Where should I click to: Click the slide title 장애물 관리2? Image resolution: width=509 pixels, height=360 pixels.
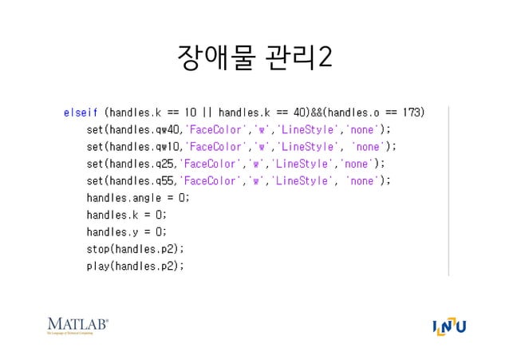[x=254, y=58]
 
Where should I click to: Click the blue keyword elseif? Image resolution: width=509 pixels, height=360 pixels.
[x=81, y=112]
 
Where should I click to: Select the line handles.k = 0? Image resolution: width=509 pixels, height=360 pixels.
[x=127, y=215]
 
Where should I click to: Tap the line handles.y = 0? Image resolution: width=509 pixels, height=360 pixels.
[x=127, y=231]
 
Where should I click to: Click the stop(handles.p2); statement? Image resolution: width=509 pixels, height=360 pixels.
[x=135, y=249]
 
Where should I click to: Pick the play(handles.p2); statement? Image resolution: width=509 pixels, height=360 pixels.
[x=135, y=266]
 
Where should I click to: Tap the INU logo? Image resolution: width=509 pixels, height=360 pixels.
[x=448, y=327]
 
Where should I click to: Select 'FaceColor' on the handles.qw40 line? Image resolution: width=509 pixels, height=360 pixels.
[x=214, y=129]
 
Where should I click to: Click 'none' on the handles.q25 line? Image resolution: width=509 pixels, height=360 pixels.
[x=357, y=164]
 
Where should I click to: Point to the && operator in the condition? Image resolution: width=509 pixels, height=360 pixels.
[x=318, y=112]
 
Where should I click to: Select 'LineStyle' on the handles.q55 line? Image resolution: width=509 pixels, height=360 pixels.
[x=302, y=180]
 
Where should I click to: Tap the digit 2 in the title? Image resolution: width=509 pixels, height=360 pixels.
[x=325, y=58]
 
